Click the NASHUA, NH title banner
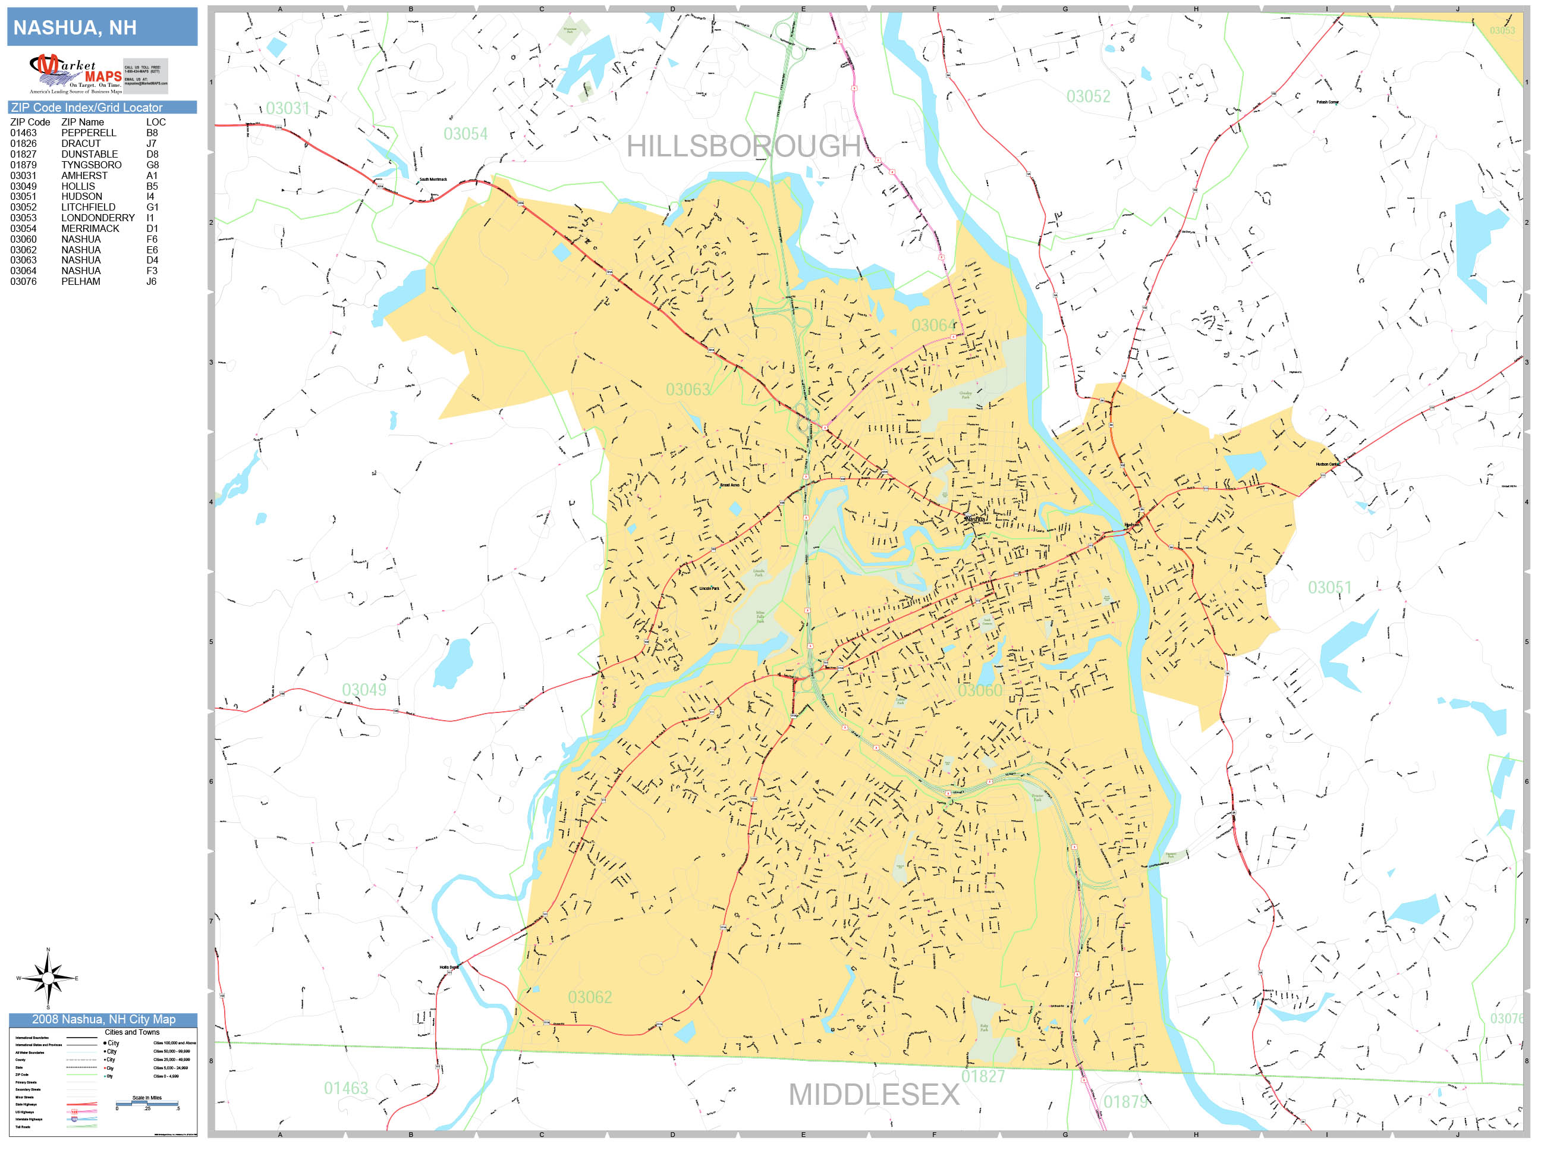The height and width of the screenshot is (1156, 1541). coord(102,27)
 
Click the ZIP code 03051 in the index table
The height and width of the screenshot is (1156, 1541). coord(23,196)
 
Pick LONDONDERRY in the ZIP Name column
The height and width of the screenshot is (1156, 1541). coord(98,218)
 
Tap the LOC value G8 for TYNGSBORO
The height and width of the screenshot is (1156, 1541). coord(153,165)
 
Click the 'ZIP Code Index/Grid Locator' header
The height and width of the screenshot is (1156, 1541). coord(87,107)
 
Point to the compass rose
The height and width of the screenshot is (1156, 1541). coord(48,978)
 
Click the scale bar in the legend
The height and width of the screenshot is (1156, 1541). coord(147,1103)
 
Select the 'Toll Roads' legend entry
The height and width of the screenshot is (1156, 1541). coord(23,1127)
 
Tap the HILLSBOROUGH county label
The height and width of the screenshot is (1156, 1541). coord(743,146)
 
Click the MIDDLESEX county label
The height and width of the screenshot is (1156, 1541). coord(873,1095)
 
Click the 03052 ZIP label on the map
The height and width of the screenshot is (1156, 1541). coord(1088,97)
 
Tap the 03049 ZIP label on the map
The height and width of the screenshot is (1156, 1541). coord(364,690)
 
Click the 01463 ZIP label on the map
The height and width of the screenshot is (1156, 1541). coord(345,1088)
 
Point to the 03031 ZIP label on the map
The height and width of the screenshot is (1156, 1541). coord(287,108)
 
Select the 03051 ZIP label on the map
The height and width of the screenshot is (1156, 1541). coord(1329,588)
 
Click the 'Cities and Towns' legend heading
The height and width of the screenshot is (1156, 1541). coord(131,1032)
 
